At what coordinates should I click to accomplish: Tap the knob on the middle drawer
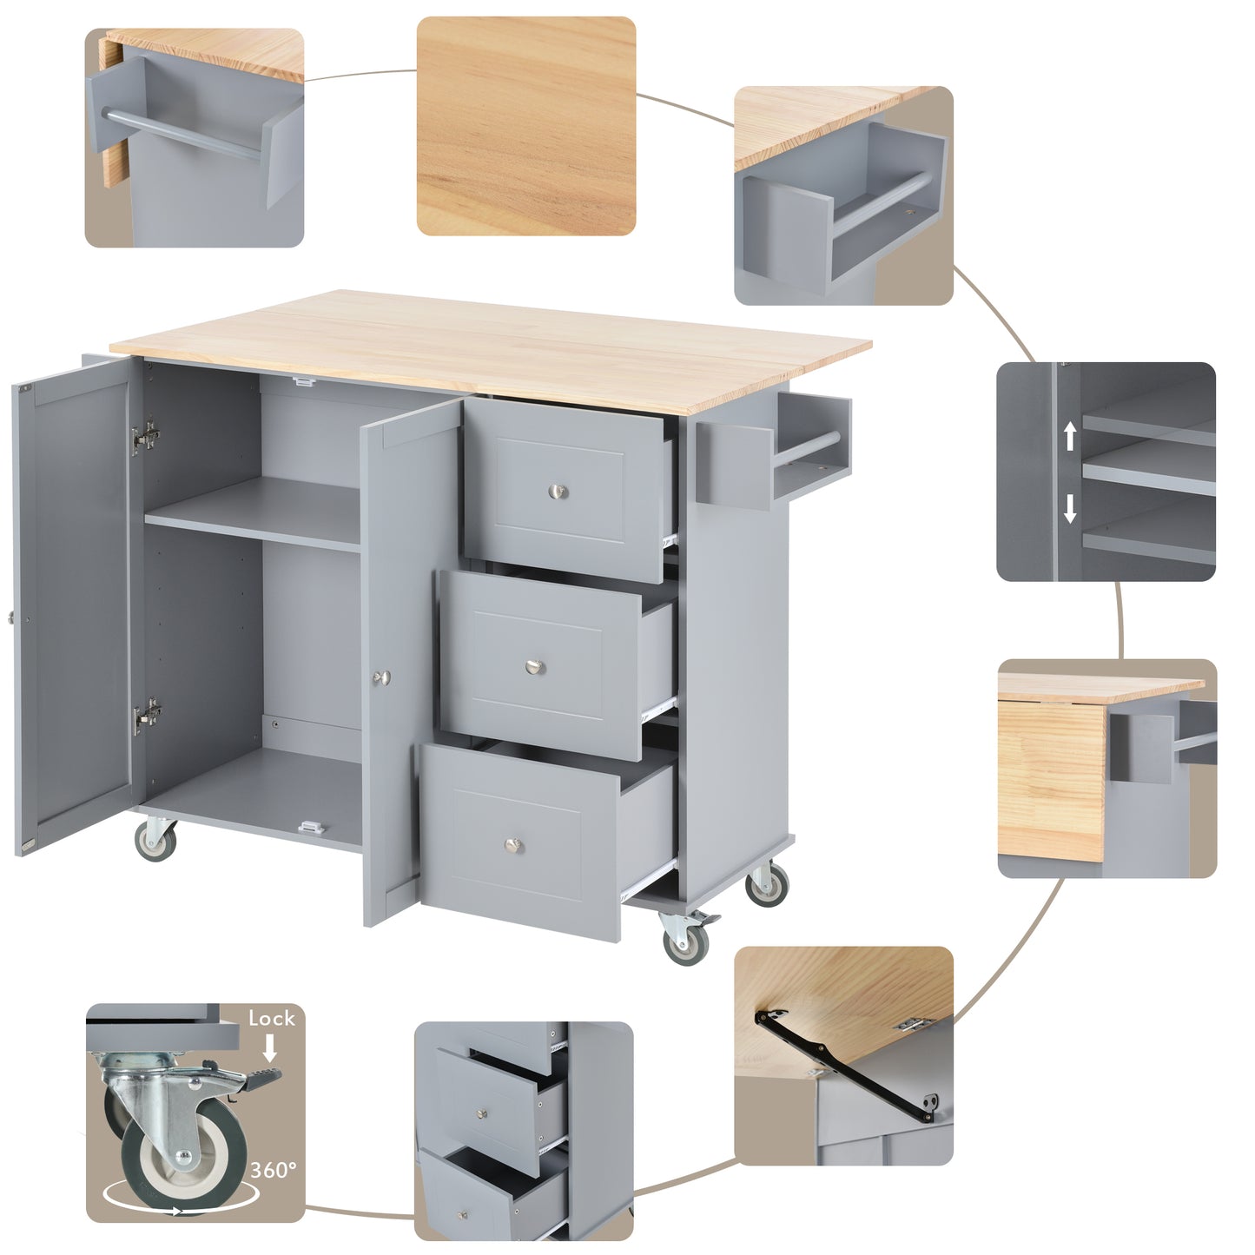535,666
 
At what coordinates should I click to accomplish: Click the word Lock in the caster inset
271,1019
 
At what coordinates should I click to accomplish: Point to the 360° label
274,1170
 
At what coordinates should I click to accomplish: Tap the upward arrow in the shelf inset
1070,435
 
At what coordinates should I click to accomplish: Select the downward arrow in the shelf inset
1070,507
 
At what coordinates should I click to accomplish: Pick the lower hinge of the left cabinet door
147,715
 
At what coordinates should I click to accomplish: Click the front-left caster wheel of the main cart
155,839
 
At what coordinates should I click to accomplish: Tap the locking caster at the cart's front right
685,939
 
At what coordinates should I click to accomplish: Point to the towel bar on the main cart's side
807,448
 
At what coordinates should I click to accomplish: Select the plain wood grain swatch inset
526,126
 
